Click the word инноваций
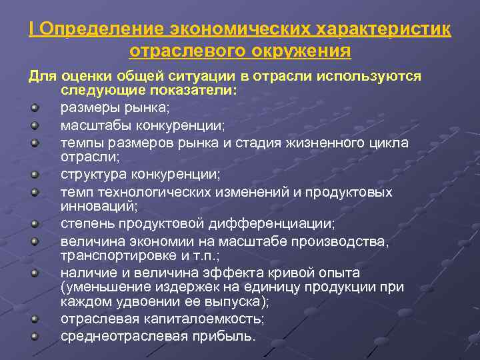click(x=97, y=207)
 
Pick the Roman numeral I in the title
click(x=32, y=29)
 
